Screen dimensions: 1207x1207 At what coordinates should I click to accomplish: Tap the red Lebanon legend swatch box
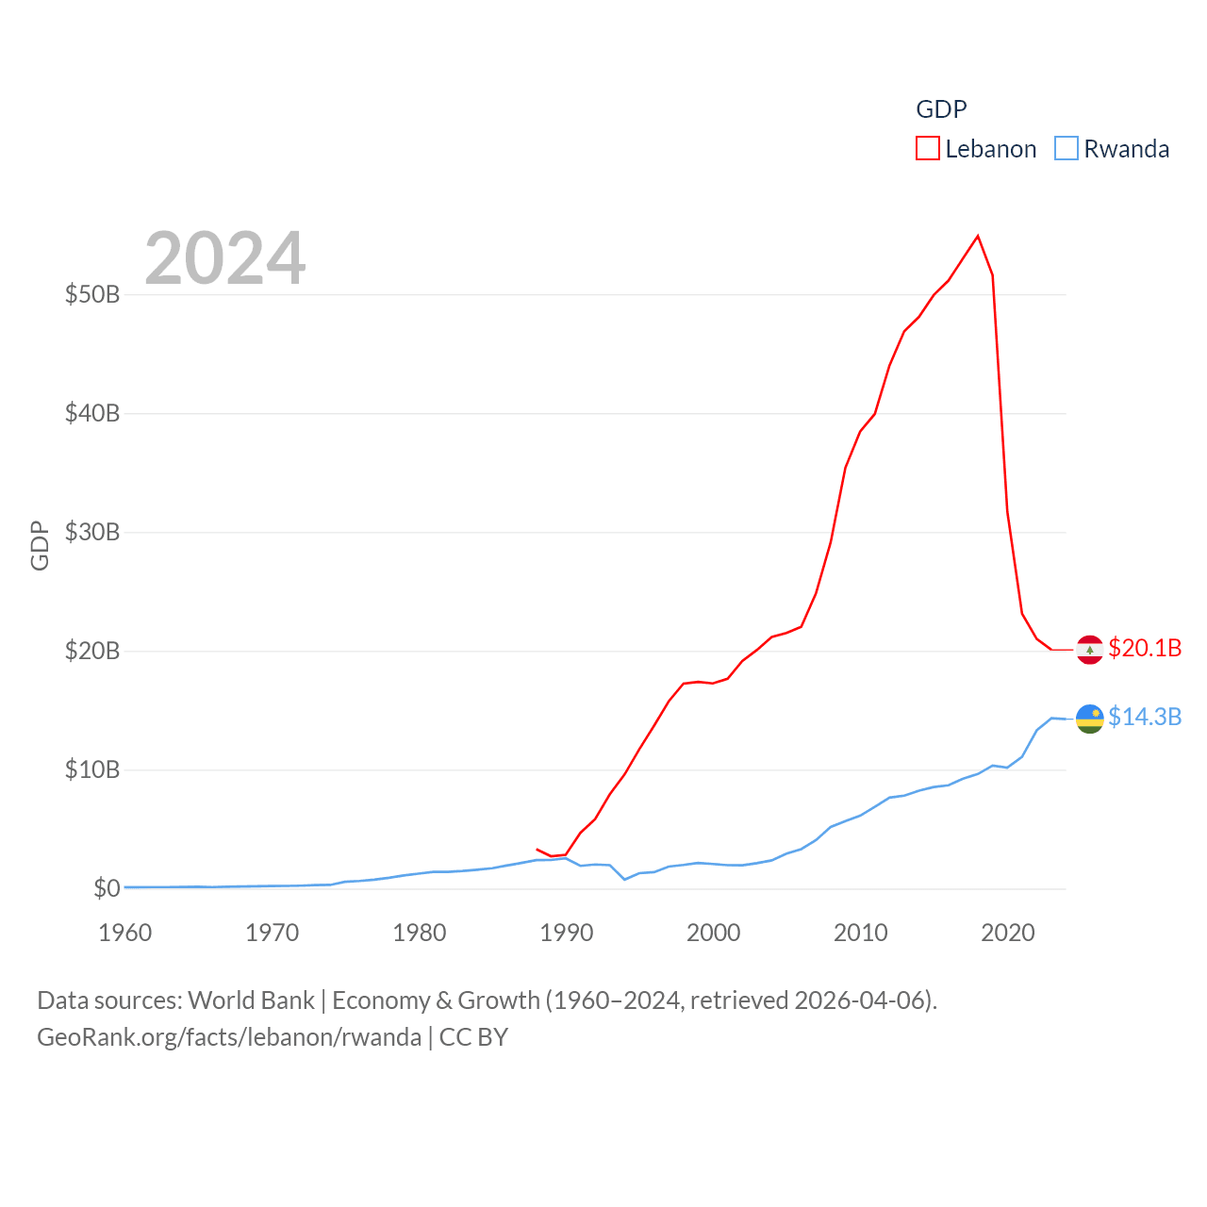point(928,149)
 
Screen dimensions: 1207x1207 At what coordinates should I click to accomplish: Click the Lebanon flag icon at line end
point(1089,650)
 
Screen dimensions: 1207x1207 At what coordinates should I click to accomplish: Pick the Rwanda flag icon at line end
point(1089,719)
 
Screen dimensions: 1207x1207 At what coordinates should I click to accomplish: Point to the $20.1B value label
point(1145,648)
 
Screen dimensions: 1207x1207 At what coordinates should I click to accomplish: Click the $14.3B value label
point(1145,717)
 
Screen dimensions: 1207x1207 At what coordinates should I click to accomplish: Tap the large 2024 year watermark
point(224,257)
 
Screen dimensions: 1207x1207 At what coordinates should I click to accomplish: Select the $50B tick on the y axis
point(92,294)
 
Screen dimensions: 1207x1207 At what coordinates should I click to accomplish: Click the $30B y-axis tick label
point(92,532)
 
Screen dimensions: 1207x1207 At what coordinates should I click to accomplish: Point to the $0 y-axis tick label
point(107,888)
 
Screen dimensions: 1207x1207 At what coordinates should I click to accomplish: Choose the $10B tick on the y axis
point(92,769)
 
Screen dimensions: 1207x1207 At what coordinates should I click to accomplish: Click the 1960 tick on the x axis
point(125,933)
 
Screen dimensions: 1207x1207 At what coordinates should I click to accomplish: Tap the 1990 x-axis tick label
point(567,933)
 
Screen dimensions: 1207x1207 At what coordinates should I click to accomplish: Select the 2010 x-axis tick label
point(861,933)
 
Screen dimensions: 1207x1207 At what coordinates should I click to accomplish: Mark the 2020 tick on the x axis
point(1008,933)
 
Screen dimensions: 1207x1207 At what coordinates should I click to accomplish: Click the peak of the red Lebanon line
point(978,236)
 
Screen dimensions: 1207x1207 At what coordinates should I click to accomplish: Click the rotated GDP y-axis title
point(40,545)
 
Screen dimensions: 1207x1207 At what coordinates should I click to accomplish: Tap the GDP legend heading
point(941,109)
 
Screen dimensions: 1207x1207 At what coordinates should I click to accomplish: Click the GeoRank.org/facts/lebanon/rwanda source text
point(229,1037)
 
